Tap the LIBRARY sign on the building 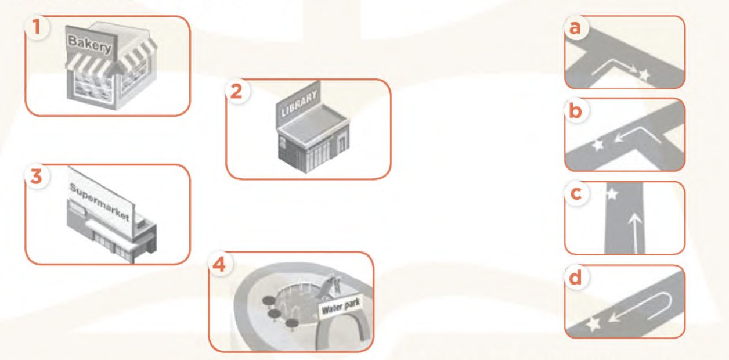coord(299,103)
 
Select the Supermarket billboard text coord(100,202)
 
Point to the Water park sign coord(341,306)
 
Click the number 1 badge coord(37,27)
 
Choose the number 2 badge coord(237,91)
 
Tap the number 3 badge coord(37,176)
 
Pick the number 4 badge coord(221,264)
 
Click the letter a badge coord(576,27)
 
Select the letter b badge coord(576,111)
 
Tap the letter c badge coord(576,194)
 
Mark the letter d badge coord(576,278)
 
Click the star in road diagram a coord(644,75)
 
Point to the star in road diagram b coord(598,145)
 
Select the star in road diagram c coord(612,194)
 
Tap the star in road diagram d coord(594,324)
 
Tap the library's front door coord(341,145)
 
